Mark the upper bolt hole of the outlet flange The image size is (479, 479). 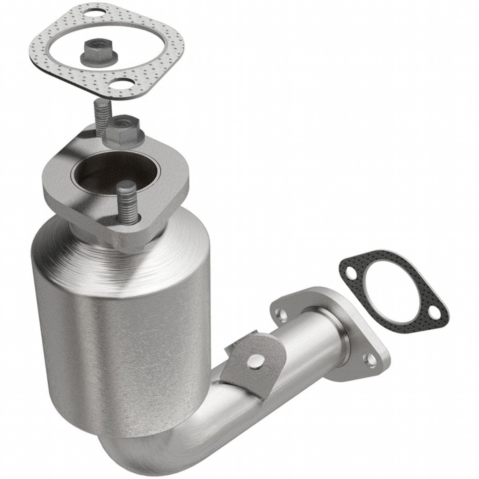point(284,314)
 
